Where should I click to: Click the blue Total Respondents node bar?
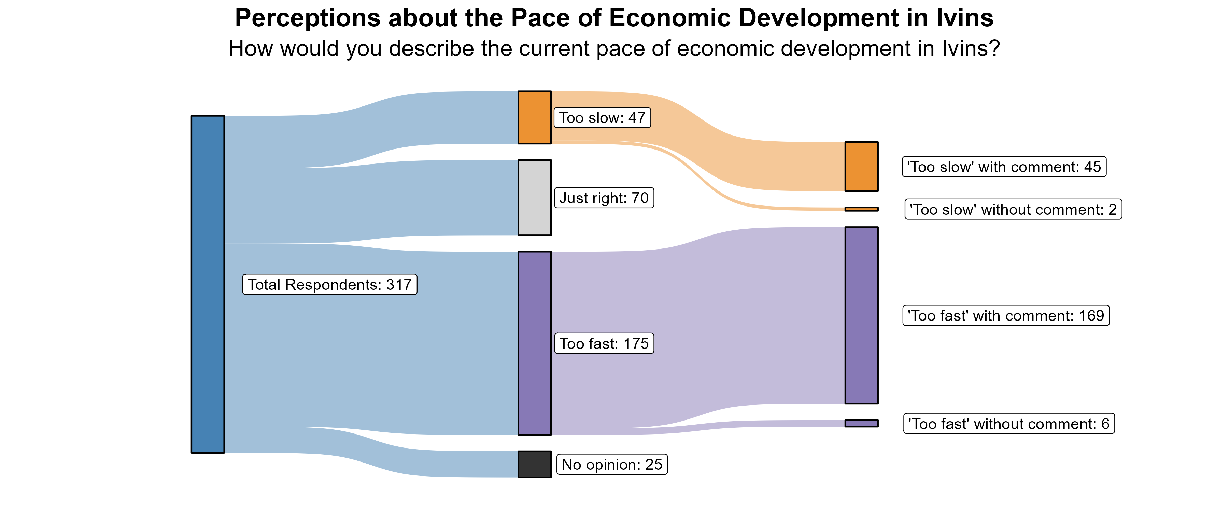click(208, 284)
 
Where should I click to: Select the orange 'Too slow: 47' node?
click(534, 117)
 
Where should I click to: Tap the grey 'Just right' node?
click(534, 198)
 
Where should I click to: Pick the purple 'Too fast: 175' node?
click(534, 343)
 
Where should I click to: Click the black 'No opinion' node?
click(534, 464)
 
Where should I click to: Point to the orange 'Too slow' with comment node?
click(861, 167)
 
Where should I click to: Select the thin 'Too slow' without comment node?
click(861, 209)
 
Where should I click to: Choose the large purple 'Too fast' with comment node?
click(861, 315)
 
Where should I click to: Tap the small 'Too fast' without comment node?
click(861, 423)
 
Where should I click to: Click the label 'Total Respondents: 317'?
click(330, 284)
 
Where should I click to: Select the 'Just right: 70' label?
click(604, 198)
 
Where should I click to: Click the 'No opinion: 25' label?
click(612, 464)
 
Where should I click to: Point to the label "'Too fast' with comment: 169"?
click(1006, 315)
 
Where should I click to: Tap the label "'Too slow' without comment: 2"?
click(1013, 210)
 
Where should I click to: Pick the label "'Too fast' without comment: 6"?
click(1008, 424)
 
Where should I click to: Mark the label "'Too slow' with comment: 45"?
click(1004, 167)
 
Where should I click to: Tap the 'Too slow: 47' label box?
click(602, 117)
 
